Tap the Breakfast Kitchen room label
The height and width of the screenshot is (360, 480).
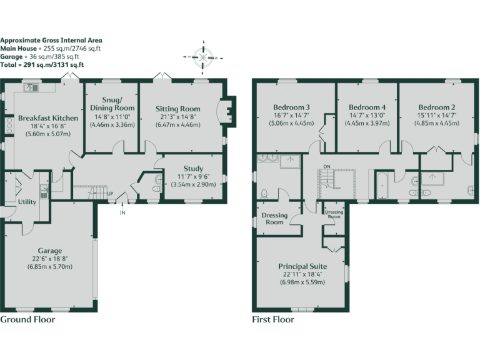coord(48,118)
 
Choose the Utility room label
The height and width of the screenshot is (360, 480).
coord(27,202)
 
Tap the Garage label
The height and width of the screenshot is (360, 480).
coord(50,251)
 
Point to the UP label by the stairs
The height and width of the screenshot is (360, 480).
coord(111,193)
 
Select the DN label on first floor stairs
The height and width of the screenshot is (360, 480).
coord(326,166)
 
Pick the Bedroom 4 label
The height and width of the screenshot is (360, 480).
coord(367,107)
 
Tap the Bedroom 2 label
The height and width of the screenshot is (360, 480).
coord(436,107)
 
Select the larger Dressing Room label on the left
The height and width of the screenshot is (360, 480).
coord(274,218)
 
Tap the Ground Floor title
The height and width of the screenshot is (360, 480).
coord(27,319)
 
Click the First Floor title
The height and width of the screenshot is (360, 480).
coord(273,319)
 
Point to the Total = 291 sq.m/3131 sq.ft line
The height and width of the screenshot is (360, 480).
coord(42,64)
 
